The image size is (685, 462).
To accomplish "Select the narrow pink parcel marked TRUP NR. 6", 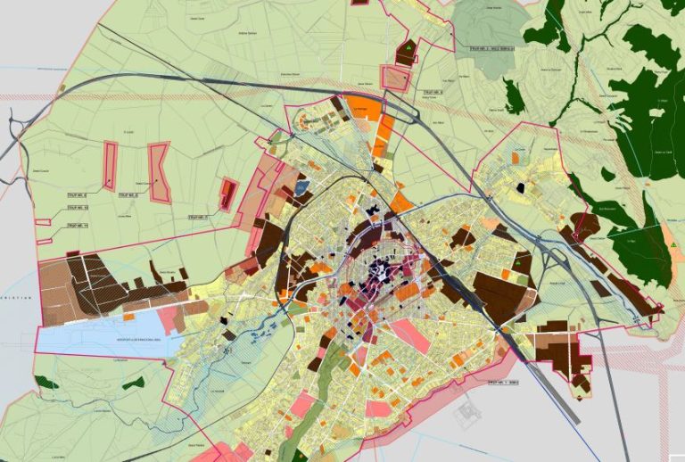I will [x=110, y=166].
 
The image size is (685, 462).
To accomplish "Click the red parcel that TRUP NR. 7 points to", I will [x=228, y=194].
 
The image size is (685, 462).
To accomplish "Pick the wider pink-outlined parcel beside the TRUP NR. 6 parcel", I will [x=159, y=172].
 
